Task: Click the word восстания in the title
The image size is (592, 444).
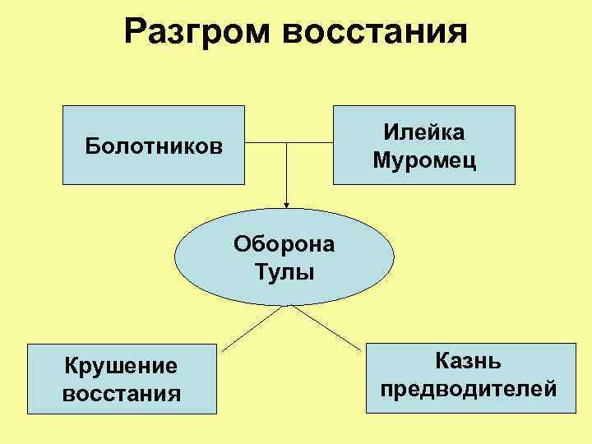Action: click(375, 33)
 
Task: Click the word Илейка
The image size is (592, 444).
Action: click(423, 132)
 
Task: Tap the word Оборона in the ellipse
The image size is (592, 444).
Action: click(284, 244)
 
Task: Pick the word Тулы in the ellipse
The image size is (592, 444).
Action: click(284, 271)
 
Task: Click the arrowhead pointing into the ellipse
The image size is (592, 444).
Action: click(287, 204)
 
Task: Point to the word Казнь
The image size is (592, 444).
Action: click(469, 360)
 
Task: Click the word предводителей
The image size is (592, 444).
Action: click(469, 387)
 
